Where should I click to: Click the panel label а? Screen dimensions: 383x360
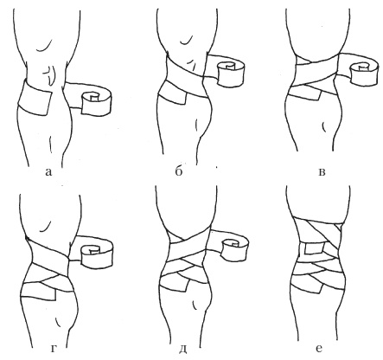point(48,172)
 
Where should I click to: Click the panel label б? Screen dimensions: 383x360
point(179,171)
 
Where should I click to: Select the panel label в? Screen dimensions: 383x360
point(322,172)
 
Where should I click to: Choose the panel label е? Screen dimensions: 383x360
point(318,349)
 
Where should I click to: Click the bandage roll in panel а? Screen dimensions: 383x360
point(96,103)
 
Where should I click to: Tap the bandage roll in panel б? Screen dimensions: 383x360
point(232,74)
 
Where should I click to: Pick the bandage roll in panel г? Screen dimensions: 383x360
point(96,254)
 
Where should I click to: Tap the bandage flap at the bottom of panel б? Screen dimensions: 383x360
point(173,95)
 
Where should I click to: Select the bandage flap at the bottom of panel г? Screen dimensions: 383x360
point(39,292)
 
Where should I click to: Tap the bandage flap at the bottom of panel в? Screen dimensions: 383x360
point(306,94)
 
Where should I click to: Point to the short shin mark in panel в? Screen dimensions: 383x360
point(323,126)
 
